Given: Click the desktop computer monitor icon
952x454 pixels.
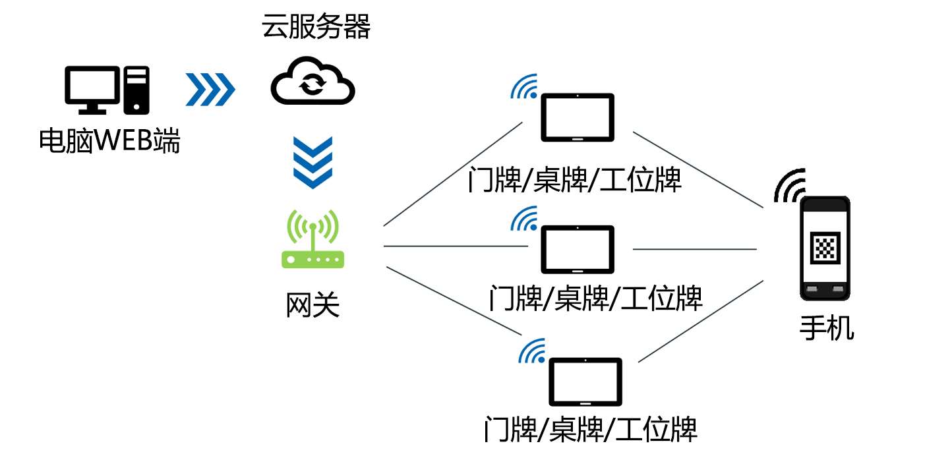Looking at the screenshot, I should [93, 89].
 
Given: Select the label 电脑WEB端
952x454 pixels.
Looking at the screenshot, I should [109, 141].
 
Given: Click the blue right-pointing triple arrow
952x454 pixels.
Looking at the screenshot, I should [210, 89].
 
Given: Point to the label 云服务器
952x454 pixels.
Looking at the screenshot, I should [316, 28].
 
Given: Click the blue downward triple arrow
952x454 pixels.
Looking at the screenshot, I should [313, 162].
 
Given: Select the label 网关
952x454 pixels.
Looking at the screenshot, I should [312, 306].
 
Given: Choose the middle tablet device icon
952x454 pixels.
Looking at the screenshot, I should [578, 250].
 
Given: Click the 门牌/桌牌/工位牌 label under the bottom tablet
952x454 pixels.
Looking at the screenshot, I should [590, 429].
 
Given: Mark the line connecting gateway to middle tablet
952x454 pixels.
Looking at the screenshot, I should [455, 246].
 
